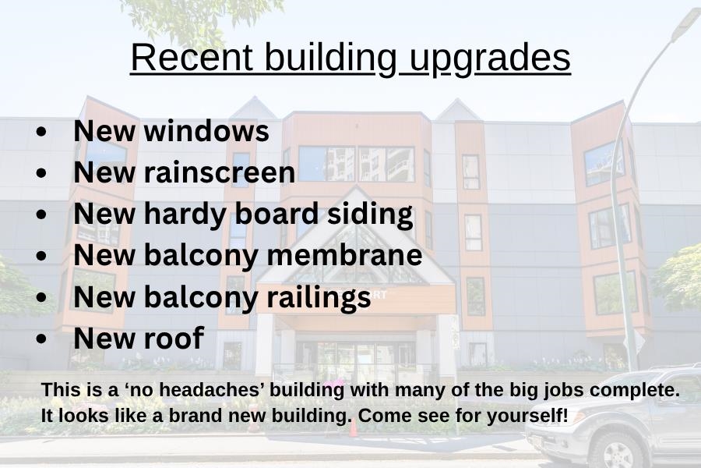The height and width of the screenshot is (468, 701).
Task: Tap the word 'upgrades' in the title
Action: [x=490, y=59]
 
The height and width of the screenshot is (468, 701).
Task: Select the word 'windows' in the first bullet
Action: [x=206, y=131]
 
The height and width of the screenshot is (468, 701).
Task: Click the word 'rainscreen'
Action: [x=220, y=172]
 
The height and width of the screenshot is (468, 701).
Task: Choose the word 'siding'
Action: [x=370, y=214]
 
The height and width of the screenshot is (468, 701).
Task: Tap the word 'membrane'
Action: [x=344, y=254]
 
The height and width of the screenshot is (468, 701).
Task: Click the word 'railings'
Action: [x=319, y=297]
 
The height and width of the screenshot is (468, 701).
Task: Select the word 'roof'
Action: [x=174, y=338]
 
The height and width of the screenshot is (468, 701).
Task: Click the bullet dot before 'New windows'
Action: [x=41, y=132]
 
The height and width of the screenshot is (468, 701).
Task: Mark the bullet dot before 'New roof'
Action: [x=41, y=339]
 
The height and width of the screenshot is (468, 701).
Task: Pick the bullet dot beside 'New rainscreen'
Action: [x=41, y=173]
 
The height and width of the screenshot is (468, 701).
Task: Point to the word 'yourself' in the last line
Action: [x=523, y=416]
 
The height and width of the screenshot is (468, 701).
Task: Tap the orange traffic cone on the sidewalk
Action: [x=353, y=428]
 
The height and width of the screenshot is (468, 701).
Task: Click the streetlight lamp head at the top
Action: [x=685, y=23]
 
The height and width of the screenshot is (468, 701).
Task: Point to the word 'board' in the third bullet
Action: [x=277, y=213]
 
